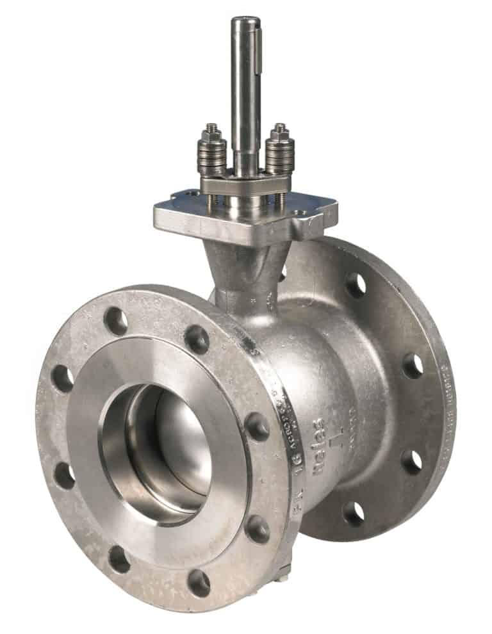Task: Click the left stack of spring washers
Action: click(x=212, y=158)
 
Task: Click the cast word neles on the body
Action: click(x=318, y=442)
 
